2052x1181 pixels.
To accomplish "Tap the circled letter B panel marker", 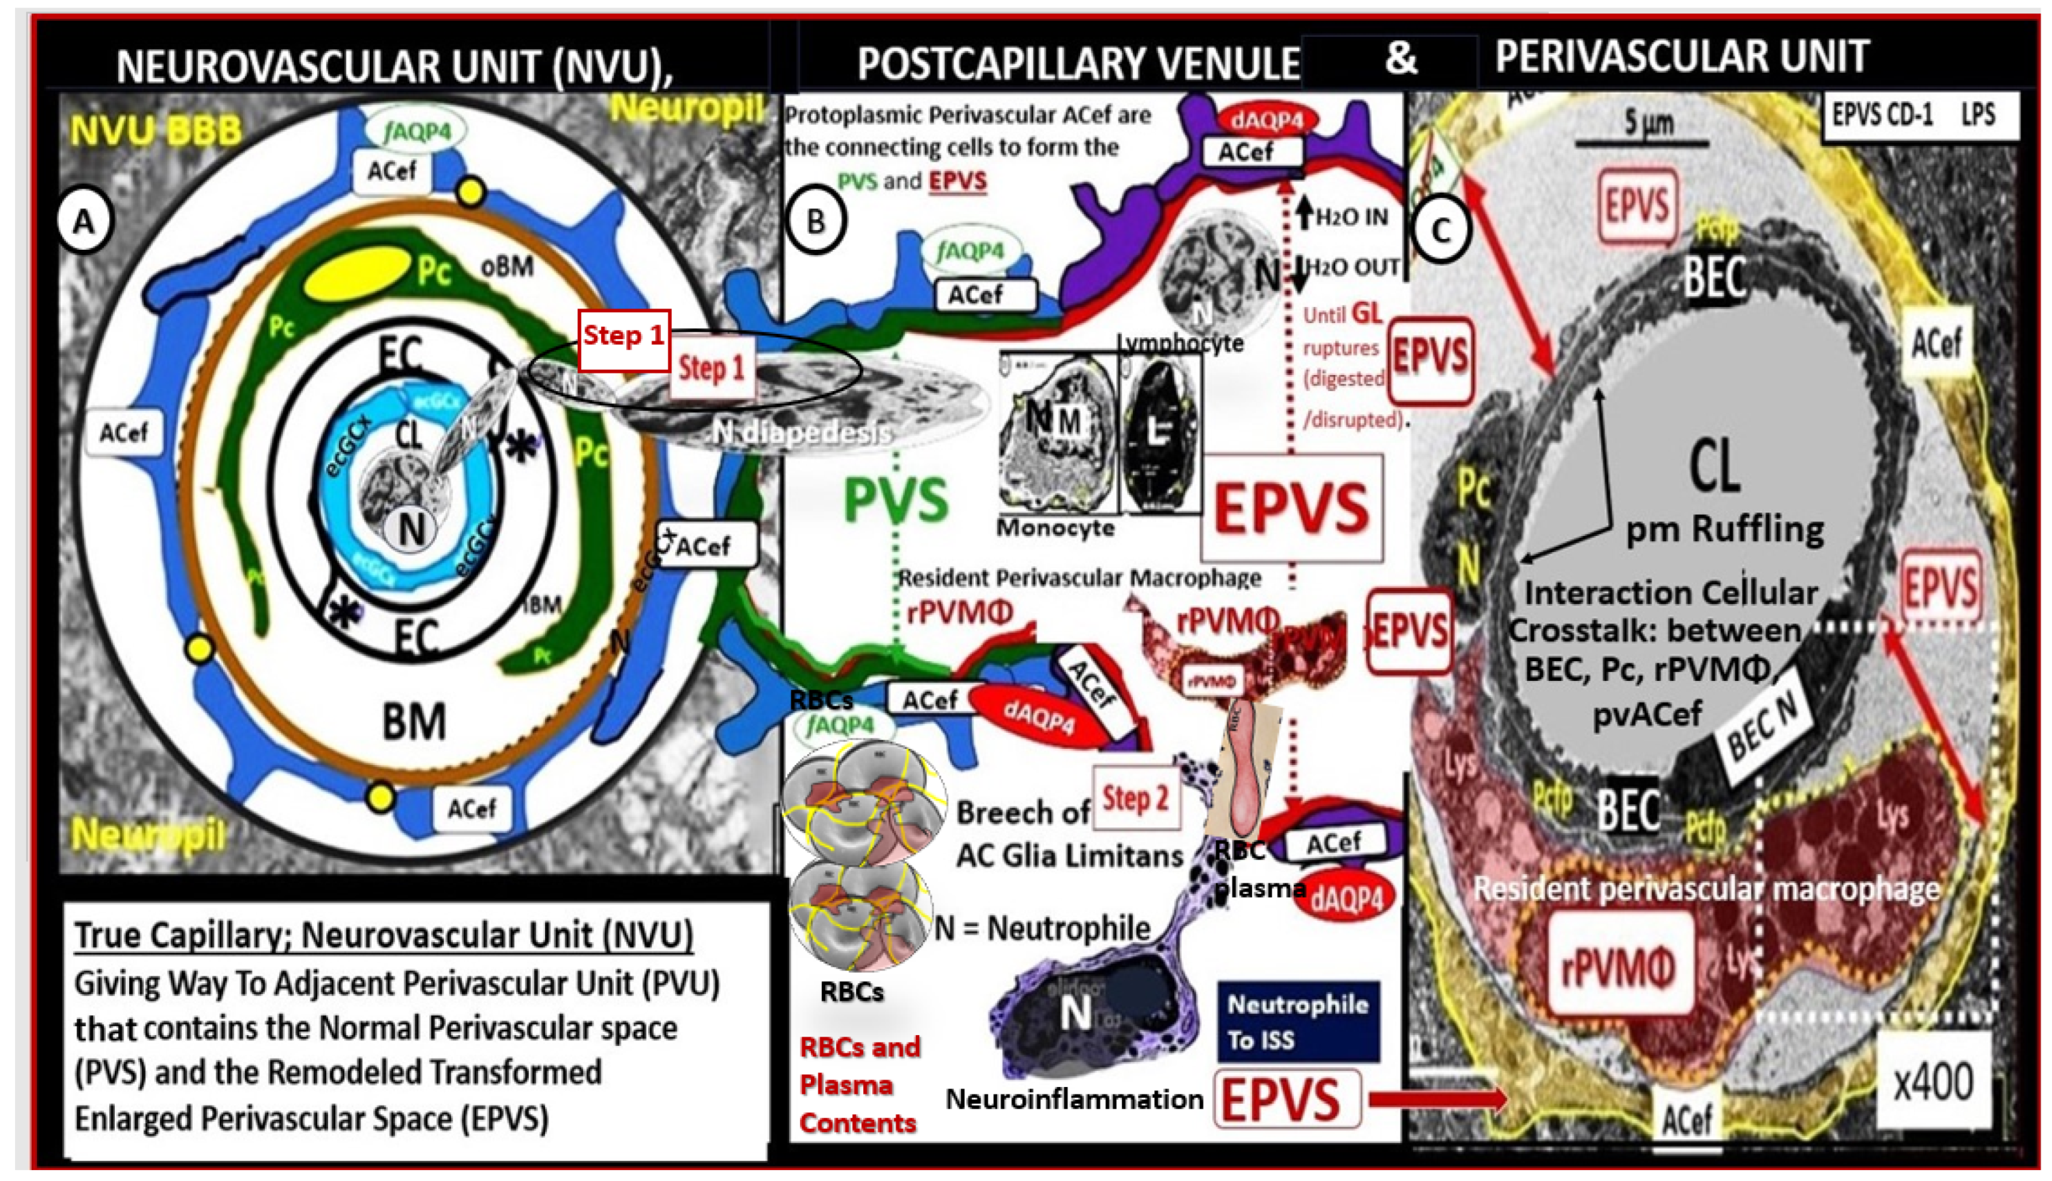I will [x=815, y=220].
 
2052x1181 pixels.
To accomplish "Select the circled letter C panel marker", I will [x=1441, y=230].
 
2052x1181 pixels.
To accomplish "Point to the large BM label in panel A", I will [x=414, y=721].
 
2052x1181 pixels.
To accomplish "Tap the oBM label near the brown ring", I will [x=507, y=265].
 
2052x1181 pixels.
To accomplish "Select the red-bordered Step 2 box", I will [x=1135, y=799].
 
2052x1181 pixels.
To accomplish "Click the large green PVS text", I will [x=896, y=499].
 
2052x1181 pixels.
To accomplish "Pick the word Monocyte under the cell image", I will [x=1055, y=528].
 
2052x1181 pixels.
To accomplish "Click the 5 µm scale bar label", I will [x=1648, y=123].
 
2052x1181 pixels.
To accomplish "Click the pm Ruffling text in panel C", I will [x=1724, y=530].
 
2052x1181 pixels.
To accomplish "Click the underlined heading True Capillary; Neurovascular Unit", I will [x=384, y=935].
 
